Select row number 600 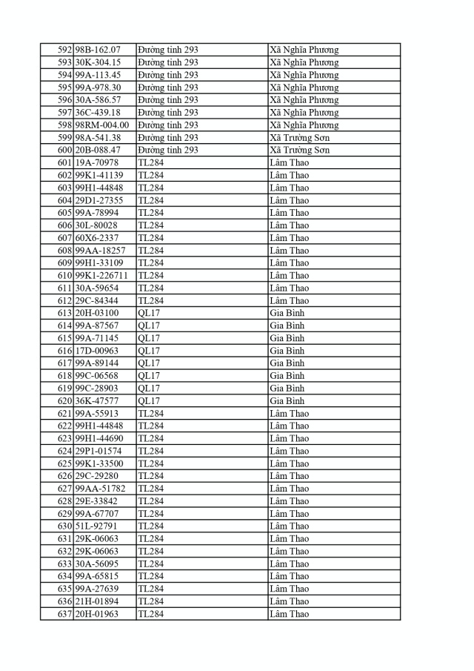click(x=64, y=150)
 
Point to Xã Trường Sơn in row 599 click(x=300, y=137)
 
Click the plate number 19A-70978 click(x=96, y=162)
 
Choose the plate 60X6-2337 click(x=96, y=237)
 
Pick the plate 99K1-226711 click(x=101, y=275)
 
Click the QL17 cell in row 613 click(x=149, y=313)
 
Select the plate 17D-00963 click(x=97, y=351)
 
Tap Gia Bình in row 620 click(x=287, y=400)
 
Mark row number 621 click(x=64, y=413)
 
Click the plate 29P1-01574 click(x=99, y=451)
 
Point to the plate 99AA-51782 click(x=101, y=489)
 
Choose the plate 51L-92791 click(x=97, y=526)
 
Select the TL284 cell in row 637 click(x=151, y=614)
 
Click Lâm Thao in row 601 click(x=290, y=162)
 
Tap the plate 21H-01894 click(x=97, y=601)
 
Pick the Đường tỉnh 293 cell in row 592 click(x=168, y=50)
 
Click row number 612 click(x=64, y=300)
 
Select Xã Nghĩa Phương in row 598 click(x=304, y=125)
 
